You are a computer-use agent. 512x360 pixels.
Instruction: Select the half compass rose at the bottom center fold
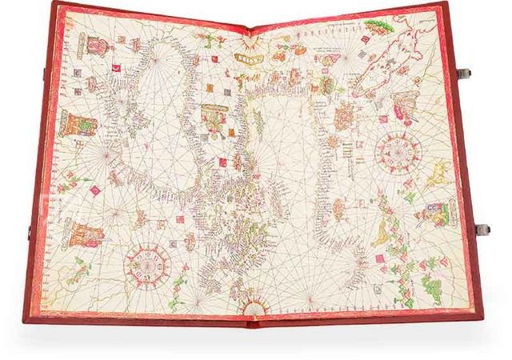coord(252,308)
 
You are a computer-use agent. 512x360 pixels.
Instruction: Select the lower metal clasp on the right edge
coord(482,230)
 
